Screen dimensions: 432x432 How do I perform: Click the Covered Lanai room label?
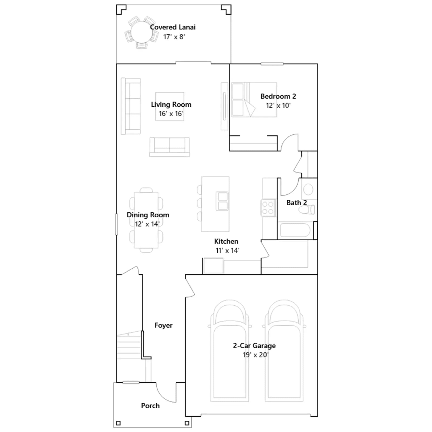click(173, 27)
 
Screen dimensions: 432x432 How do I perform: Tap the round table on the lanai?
click(141, 32)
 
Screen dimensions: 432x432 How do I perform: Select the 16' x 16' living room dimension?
click(171, 114)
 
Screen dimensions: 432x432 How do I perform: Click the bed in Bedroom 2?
click(254, 100)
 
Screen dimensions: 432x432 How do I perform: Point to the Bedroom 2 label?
click(278, 96)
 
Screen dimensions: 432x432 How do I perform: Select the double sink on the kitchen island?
click(222, 201)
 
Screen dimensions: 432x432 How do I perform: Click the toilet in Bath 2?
click(307, 209)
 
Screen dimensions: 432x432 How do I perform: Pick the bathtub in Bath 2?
click(295, 230)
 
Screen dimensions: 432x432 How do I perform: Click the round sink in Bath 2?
click(308, 189)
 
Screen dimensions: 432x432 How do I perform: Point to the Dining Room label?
click(148, 215)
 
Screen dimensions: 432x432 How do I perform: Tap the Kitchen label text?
click(226, 241)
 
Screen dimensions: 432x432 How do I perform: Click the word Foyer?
click(163, 325)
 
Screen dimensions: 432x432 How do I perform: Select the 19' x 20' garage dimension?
click(255, 355)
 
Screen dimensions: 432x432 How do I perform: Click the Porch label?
click(150, 406)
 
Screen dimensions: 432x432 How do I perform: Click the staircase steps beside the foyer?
click(129, 347)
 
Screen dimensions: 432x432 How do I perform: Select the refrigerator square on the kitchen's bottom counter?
click(213, 266)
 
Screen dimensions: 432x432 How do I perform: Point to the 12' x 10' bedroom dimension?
click(278, 106)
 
